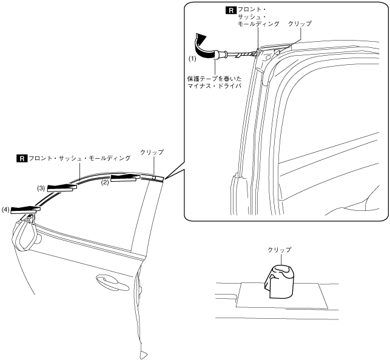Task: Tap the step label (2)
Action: click(104, 182)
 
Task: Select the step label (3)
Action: click(41, 188)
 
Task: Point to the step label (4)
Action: click(5, 210)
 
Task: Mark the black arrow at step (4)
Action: click(24, 209)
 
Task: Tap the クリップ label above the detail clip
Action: click(280, 250)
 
